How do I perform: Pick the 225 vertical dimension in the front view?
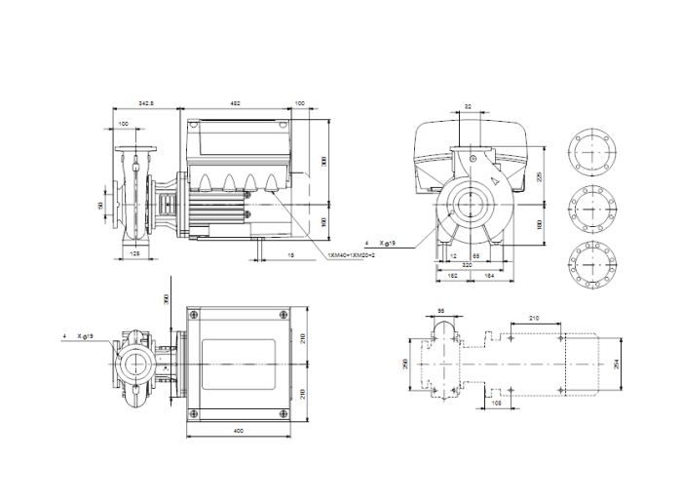click(x=541, y=176)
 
